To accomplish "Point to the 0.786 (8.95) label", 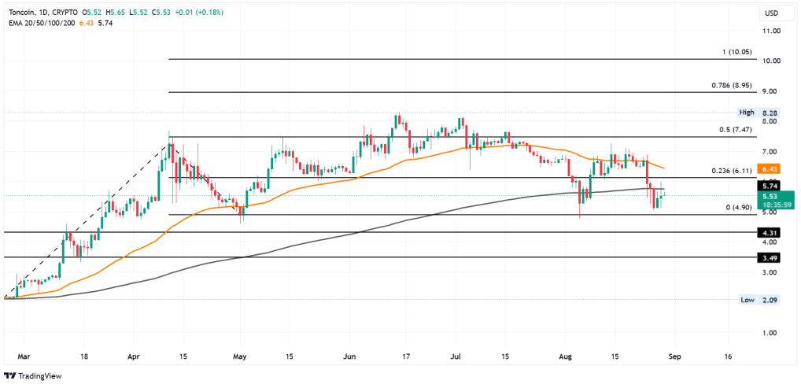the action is point(732,85).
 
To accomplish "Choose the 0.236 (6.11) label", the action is point(732,171).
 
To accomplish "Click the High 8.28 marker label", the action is point(759,112).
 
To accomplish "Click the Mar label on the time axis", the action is point(21,356).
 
